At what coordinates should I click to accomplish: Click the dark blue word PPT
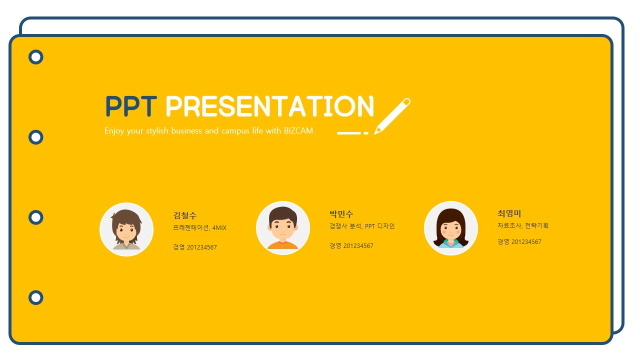[x=131, y=106]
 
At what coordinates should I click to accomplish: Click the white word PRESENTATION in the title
[x=269, y=106]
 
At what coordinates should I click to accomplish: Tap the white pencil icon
[x=392, y=116]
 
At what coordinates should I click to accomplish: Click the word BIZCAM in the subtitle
[x=298, y=130]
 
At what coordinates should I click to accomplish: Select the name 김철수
[x=185, y=215]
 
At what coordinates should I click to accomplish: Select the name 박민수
[x=341, y=213]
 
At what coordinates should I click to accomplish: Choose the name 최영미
[x=509, y=213]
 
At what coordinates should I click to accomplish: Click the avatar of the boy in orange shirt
[x=283, y=228]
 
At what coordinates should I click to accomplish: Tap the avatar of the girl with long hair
[x=451, y=228]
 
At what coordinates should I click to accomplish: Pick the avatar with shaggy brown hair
[x=126, y=229]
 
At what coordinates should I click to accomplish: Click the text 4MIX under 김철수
[x=219, y=227]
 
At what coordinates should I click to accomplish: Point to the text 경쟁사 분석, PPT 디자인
[x=362, y=226]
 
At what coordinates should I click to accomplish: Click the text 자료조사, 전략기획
[x=523, y=225]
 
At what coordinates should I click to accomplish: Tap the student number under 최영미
[x=519, y=241]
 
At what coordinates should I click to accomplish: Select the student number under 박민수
[x=351, y=245]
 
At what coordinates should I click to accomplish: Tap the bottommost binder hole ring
[x=35, y=291]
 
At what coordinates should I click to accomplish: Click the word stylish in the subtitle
[x=157, y=131]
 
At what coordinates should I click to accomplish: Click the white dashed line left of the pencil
[x=352, y=133]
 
